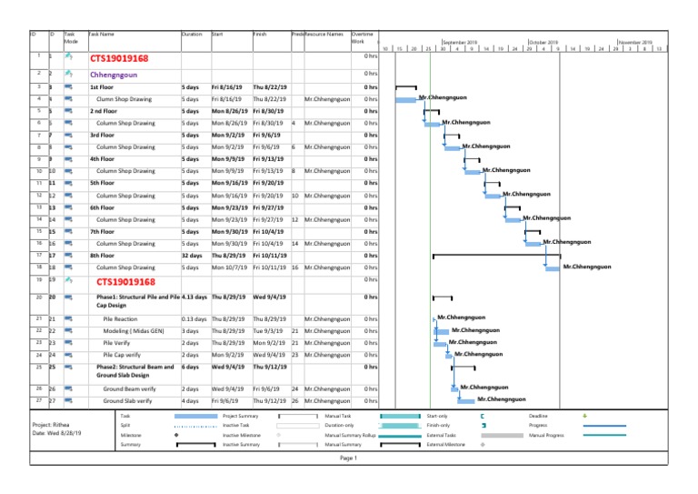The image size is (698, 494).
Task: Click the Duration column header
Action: (192, 34)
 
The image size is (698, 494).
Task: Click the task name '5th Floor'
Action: (103, 183)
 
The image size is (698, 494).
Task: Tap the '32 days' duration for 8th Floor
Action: (191, 256)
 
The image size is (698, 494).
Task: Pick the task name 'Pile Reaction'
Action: (121, 318)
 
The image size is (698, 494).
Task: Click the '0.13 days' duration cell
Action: (194, 318)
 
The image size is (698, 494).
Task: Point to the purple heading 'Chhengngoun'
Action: (114, 74)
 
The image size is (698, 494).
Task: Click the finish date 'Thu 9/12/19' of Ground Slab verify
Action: (270, 399)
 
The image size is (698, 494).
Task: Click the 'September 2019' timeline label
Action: (462, 42)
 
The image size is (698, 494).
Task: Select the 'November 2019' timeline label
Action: (634, 42)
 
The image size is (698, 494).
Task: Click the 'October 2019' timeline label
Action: (543, 42)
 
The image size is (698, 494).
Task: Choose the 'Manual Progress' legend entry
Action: (547, 434)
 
